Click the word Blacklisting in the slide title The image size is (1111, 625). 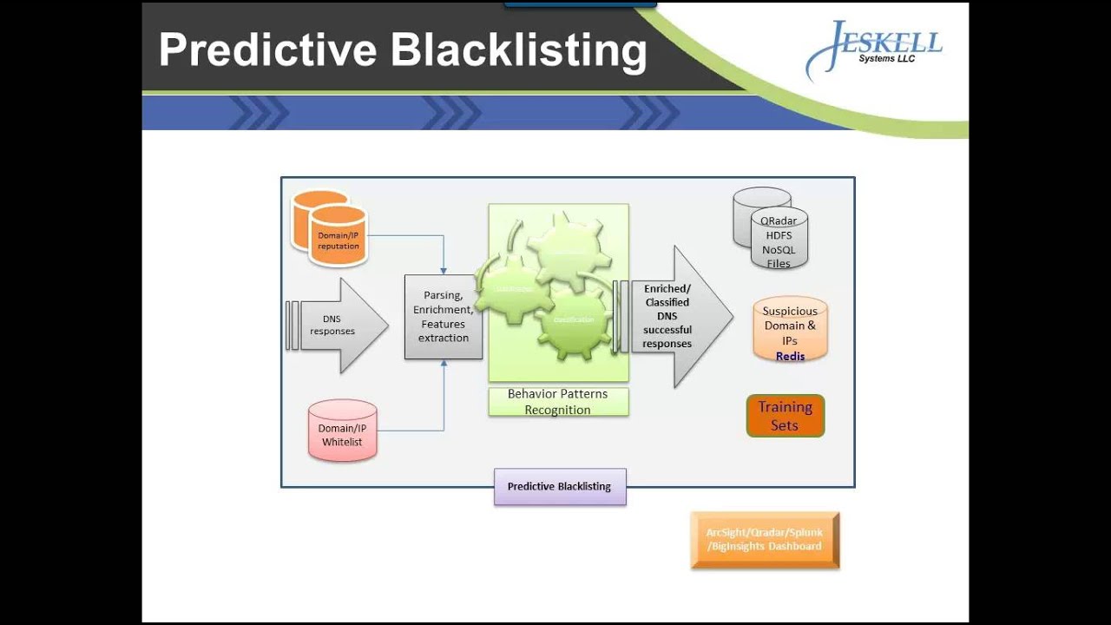click(518, 50)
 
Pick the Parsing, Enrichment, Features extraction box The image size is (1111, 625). click(443, 317)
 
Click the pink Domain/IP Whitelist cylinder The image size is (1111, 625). click(342, 431)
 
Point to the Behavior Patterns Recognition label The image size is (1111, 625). click(558, 402)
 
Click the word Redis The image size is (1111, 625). click(790, 356)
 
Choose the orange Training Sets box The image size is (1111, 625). click(785, 416)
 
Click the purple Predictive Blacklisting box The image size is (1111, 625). click(560, 486)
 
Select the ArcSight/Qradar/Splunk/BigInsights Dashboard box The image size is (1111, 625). click(765, 539)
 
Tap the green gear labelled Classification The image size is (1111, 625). click(574, 320)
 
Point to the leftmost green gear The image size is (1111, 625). click(514, 289)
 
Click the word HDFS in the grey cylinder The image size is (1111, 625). click(779, 235)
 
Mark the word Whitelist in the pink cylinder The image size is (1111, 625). click(342, 442)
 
